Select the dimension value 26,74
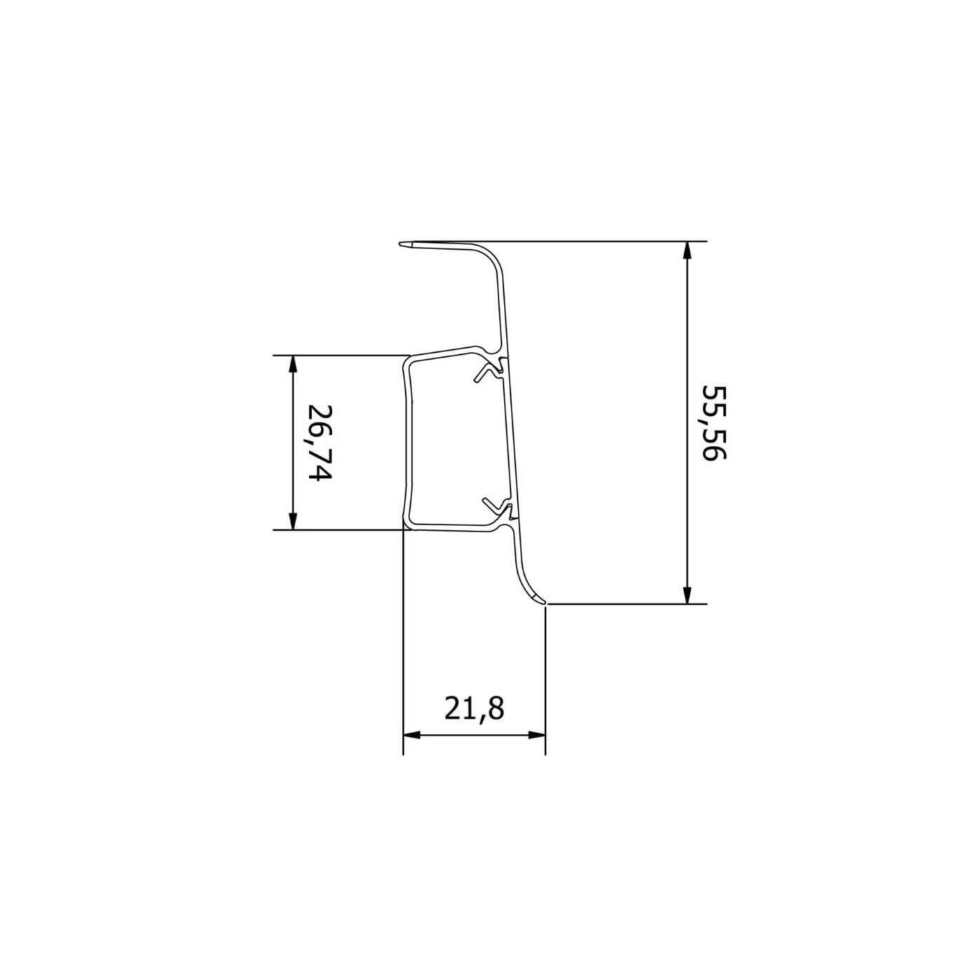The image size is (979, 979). pos(319,443)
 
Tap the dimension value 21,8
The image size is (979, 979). pos(474,709)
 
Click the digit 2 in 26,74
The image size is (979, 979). pos(319,413)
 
